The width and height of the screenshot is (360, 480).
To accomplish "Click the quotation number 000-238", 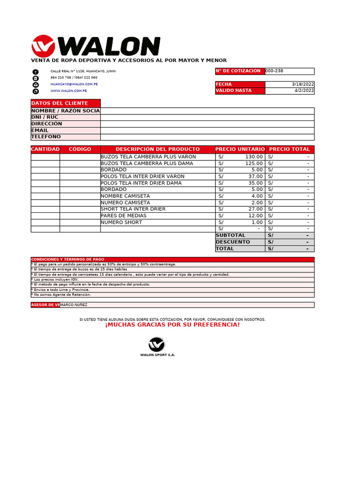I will pos(274,71).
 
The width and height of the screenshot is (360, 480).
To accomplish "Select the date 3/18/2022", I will pos(303,84).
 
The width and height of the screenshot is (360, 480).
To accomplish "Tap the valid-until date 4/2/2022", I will pos(304,91).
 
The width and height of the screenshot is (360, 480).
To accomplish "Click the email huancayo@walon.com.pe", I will pos(74,84).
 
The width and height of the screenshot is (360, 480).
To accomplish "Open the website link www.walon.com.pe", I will pos(68,91).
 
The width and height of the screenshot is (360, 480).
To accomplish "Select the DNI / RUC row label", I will pos(45,117).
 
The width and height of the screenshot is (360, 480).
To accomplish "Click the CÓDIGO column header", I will pos(80,149).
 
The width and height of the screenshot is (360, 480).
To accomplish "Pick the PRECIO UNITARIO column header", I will pos(240,149).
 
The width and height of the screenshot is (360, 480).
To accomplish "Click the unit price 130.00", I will pos(254,157).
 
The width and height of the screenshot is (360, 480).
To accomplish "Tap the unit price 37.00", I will pos(255,176).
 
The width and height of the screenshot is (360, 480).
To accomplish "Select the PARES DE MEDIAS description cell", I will pos(124,216).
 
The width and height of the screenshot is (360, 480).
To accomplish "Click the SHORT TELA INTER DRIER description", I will pos(133,209).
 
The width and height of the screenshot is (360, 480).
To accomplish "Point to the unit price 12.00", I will pos(255,216).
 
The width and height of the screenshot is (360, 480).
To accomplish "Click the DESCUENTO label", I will pos(233,242).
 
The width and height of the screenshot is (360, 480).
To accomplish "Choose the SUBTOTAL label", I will pos(230,235).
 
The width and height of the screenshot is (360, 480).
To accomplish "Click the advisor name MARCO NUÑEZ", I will pos(74,305).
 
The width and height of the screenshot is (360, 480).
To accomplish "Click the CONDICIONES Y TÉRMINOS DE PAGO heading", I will pos(67,259).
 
